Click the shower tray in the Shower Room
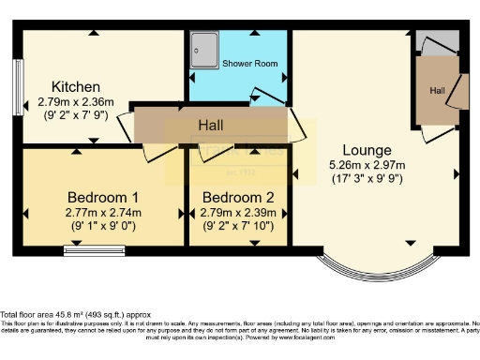point(202,51)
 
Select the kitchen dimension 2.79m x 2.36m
point(76,101)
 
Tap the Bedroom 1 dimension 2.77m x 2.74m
point(103,214)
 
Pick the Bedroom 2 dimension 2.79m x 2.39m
point(238,214)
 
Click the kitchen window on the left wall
point(19,88)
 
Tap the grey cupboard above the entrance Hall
point(437,44)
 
